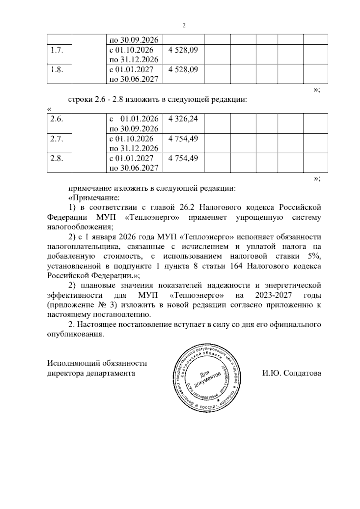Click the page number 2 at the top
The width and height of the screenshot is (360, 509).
tap(184, 26)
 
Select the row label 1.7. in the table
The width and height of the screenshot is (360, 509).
tap(56, 50)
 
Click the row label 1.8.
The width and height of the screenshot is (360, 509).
tap(56, 70)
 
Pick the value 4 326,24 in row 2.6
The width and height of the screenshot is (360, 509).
tap(183, 119)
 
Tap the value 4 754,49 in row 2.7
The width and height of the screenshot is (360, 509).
tap(183, 139)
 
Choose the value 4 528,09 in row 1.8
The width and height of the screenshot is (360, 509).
tap(183, 70)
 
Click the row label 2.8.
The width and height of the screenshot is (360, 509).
tap(56, 158)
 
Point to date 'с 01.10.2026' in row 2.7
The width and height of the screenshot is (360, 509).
tap(132, 139)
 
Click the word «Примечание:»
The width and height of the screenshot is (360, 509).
tap(94, 198)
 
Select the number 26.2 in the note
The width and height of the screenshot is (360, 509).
tap(188, 208)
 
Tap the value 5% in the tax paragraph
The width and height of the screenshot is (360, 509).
tap(314, 257)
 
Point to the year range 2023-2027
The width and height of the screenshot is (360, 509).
tap(274, 295)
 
